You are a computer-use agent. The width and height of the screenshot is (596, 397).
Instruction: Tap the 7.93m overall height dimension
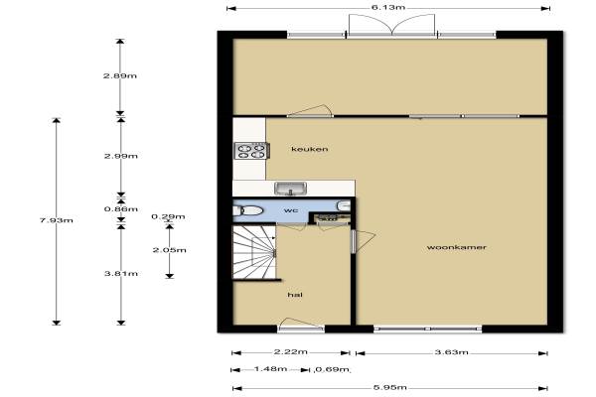(57, 220)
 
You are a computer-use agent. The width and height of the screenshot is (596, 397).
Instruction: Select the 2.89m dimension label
(120, 76)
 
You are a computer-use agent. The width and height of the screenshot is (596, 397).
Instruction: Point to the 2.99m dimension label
(121, 156)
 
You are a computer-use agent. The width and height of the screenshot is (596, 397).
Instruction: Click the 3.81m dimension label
(121, 274)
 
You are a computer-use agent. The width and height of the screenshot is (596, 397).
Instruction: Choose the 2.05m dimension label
(170, 250)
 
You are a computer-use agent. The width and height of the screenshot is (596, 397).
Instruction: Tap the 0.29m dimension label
(168, 217)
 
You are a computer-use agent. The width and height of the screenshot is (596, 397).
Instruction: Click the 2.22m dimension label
(291, 351)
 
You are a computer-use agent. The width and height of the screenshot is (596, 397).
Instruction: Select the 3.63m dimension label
(452, 352)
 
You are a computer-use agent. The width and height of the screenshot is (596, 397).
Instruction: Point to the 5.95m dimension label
(390, 387)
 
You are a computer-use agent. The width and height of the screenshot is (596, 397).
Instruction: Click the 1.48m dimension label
(270, 369)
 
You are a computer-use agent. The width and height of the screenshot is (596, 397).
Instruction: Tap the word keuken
(309, 149)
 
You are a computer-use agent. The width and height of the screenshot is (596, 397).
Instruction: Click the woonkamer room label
(457, 247)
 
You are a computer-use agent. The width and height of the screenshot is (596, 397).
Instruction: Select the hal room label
(295, 295)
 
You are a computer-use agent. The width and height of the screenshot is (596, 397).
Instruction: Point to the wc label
(291, 210)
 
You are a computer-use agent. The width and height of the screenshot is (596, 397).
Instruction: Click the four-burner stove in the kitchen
(251, 151)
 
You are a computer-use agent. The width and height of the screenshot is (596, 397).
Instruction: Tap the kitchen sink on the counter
(291, 189)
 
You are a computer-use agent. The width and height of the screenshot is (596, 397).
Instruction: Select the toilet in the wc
(247, 210)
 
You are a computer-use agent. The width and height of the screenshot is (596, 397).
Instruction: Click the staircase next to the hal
(254, 252)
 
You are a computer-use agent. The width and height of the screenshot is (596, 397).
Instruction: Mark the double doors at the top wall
(392, 26)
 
